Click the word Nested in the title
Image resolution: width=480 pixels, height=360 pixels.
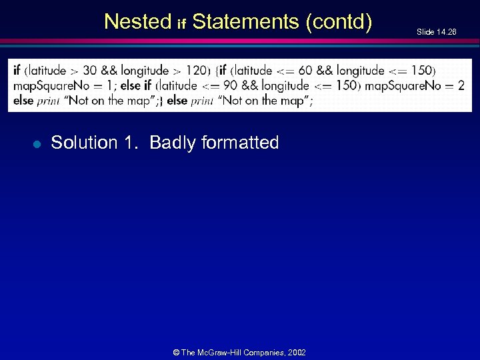138,22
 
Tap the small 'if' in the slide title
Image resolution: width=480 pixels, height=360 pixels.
181,25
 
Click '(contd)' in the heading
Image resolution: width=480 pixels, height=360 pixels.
339,22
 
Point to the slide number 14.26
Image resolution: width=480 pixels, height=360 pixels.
437,32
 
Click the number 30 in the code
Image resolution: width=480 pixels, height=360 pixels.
91,71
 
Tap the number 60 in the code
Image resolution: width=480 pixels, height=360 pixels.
305,71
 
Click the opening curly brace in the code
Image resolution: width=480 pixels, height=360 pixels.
216,71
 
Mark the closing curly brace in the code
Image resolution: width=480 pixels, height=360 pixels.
161,101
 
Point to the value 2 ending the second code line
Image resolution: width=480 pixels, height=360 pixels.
461,85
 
